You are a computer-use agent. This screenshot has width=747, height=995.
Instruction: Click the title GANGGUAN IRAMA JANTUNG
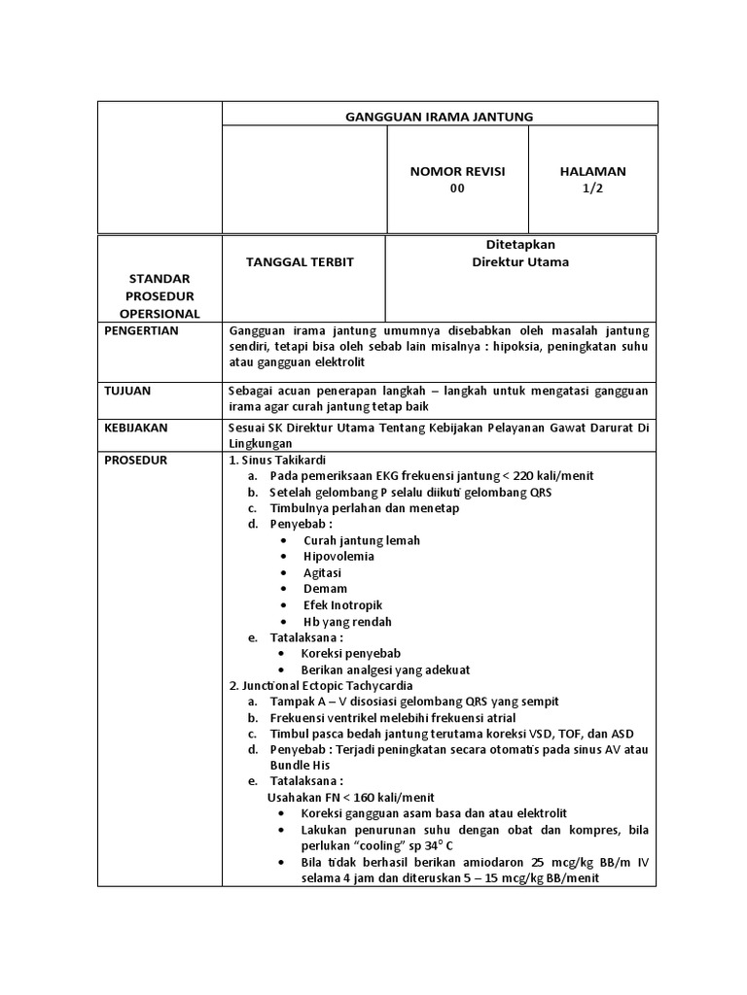point(440,117)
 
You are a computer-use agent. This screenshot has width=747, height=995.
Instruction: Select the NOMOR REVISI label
point(457,171)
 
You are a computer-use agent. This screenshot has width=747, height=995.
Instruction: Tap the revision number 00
point(457,189)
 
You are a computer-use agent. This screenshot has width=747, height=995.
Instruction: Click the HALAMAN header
point(592,171)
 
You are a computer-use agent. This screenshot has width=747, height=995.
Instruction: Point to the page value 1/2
point(592,189)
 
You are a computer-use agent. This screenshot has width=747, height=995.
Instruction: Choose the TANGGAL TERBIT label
point(300,262)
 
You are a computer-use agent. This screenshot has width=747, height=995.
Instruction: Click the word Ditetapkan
point(520,245)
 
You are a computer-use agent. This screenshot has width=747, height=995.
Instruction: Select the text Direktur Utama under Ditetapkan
point(520,262)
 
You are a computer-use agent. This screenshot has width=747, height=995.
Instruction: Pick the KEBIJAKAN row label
point(135,427)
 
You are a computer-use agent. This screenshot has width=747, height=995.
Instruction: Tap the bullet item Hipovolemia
point(338,557)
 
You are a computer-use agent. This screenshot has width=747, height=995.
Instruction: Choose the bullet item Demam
point(325,589)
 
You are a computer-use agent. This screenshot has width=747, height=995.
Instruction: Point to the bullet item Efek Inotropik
point(343,605)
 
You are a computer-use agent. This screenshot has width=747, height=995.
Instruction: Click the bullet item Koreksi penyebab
point(351,654)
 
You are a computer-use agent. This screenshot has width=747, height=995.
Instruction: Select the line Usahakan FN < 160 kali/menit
point(338,797)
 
